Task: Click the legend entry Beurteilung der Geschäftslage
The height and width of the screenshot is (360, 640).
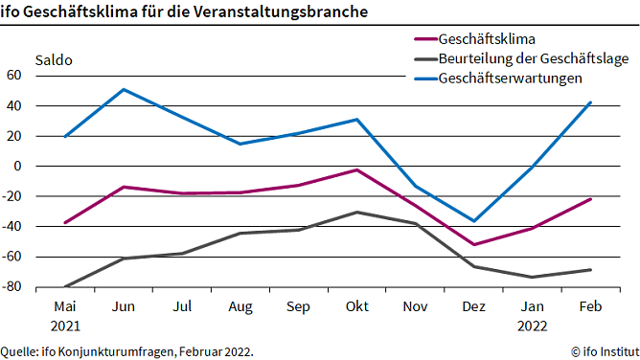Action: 533,59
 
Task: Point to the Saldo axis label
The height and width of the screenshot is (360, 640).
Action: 54,59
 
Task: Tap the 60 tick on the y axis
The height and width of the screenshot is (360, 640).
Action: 14,75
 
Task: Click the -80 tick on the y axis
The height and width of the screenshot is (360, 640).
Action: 12,287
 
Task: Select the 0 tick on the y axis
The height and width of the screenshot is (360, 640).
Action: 19,166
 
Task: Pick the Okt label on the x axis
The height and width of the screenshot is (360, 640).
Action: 356,306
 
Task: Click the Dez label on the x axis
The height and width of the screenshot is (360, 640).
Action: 473,306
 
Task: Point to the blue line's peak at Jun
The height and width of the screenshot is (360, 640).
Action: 124,89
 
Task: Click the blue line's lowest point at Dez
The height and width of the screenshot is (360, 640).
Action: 473,221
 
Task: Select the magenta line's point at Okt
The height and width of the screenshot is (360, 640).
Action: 356,170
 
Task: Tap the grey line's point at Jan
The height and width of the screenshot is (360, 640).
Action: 532,278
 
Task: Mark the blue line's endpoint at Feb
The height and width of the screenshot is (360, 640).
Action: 590,101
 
